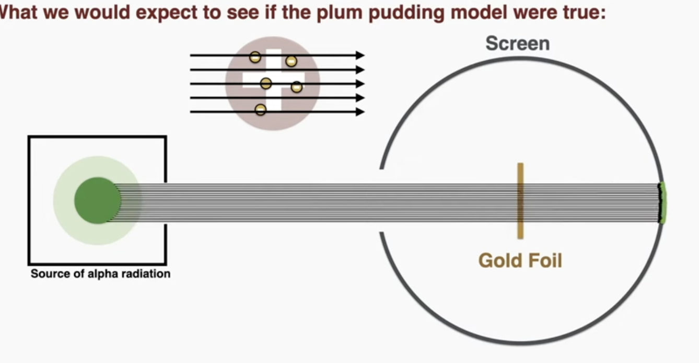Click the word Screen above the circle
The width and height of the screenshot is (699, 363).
[x=517, y=43]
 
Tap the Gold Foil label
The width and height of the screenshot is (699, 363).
[x=520, y=260]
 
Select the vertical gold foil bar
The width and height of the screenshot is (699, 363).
[x=520, y=201]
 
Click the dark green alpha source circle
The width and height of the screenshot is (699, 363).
[x=97, y=200]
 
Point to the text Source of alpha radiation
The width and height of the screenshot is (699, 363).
[x=100, y=274]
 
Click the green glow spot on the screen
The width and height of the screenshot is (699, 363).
[x=662, y=203]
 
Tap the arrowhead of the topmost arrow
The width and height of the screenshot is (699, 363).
[x=360, y=55]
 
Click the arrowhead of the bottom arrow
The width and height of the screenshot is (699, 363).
[x=360, y=111]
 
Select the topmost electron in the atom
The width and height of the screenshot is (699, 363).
[x=255, y=57]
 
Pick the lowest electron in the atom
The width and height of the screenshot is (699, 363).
[x=261, y=109]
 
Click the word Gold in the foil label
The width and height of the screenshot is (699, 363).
[x=496, y=260]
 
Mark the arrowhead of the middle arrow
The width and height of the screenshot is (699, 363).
[x=360, y=83]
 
